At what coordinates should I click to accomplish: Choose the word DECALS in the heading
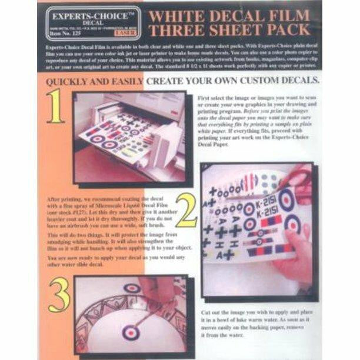296,79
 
